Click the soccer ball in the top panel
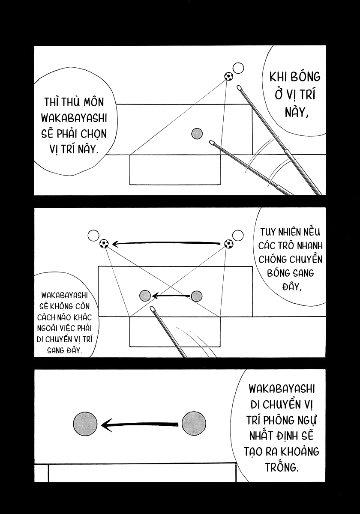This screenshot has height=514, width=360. (228, 76)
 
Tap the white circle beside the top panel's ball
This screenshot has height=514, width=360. (238, 68)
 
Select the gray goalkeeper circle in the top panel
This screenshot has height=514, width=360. (197, 134)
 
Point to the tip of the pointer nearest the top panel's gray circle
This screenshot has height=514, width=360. (210, 142)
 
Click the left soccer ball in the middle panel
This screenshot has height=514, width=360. (104, 243)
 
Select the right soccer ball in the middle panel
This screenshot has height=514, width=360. (229, 244)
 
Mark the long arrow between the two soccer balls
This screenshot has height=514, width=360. (166, 243)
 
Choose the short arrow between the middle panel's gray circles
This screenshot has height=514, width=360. (171, 296)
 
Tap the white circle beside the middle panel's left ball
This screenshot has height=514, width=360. (93, 236)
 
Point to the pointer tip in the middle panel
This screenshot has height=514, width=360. (152, 308)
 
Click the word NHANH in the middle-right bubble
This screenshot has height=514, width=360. (310, 246)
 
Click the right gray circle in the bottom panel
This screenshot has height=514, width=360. (194, 424)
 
